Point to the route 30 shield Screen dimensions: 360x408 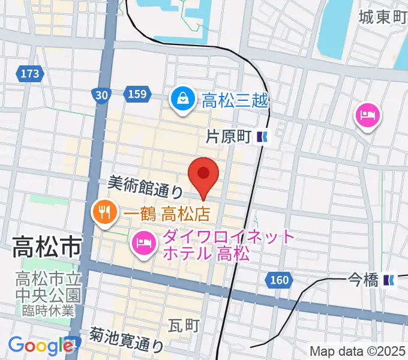[x=101, y=94]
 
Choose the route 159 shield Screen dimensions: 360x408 [x=137, y=94]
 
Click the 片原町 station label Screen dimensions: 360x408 [x=227, y=137]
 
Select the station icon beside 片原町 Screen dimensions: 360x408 [x=262, y=137]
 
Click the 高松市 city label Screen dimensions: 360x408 [x=46, y=247]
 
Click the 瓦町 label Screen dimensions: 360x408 [x=184, y=325]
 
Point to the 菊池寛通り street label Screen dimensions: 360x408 [x=127, y=340]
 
